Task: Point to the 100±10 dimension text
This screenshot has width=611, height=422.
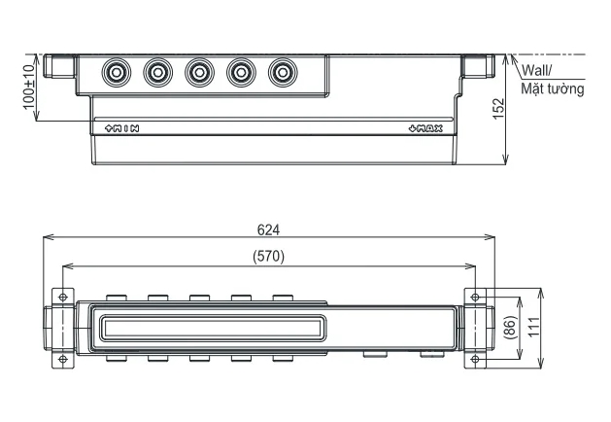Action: click(x=29, y=88)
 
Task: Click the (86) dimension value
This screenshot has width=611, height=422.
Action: click(x=510, y=328)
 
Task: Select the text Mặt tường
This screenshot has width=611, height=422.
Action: click(x=552, y=89)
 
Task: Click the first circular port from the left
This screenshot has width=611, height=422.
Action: click(x=117, y=72)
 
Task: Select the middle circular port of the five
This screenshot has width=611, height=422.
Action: click(x=199, y=72)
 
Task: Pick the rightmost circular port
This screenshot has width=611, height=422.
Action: click(x=282, y=72)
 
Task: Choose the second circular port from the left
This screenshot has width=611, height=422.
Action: click(x=157, y=72)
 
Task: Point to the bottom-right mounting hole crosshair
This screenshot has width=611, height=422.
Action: click(x=475, y=358)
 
